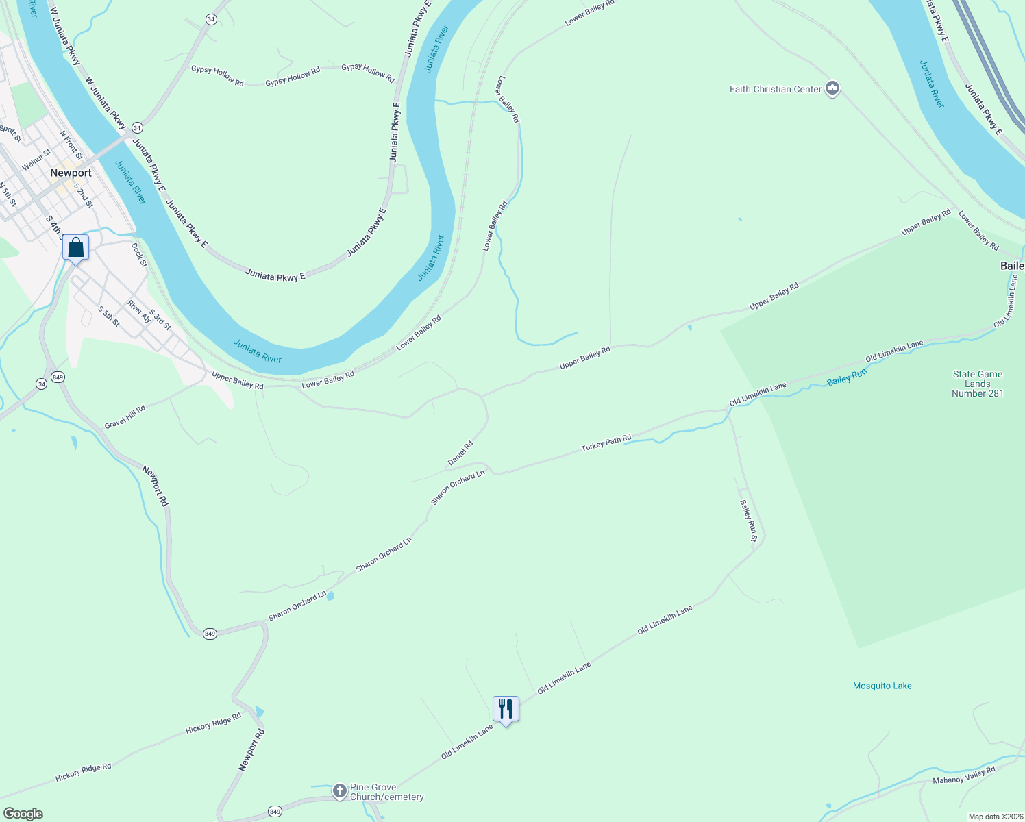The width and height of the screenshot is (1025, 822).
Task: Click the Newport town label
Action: coord(71,173)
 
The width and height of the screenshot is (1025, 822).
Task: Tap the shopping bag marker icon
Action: coord(76,248)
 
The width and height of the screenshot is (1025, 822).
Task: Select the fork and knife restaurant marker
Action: coord(506,709)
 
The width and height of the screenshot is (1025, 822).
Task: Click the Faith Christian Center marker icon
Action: coord(833,88)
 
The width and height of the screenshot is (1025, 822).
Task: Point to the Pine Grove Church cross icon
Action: coord(339,791)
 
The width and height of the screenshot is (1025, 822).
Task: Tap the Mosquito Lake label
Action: coord(882,686)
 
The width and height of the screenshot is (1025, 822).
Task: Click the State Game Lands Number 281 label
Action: coord(977,384)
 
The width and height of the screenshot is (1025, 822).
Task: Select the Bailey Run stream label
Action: coord(847,377)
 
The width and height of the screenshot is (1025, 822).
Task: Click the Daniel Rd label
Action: coord(460,453)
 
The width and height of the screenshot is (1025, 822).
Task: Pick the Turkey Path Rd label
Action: coord(606,443)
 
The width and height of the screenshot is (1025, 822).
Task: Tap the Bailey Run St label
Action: coord(748,521)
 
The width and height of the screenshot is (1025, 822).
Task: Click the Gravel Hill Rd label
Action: coord(125,417)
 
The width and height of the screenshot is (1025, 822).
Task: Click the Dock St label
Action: coord(139,254)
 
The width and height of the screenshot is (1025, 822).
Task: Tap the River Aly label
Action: coord(140,311)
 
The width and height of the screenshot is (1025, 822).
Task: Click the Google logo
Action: coord(23,814)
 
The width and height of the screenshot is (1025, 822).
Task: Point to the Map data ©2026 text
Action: coord(994,817)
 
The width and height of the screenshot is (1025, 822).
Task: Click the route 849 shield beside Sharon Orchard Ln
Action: coord(210,634)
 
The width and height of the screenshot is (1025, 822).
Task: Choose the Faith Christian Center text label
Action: coord(776,89)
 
